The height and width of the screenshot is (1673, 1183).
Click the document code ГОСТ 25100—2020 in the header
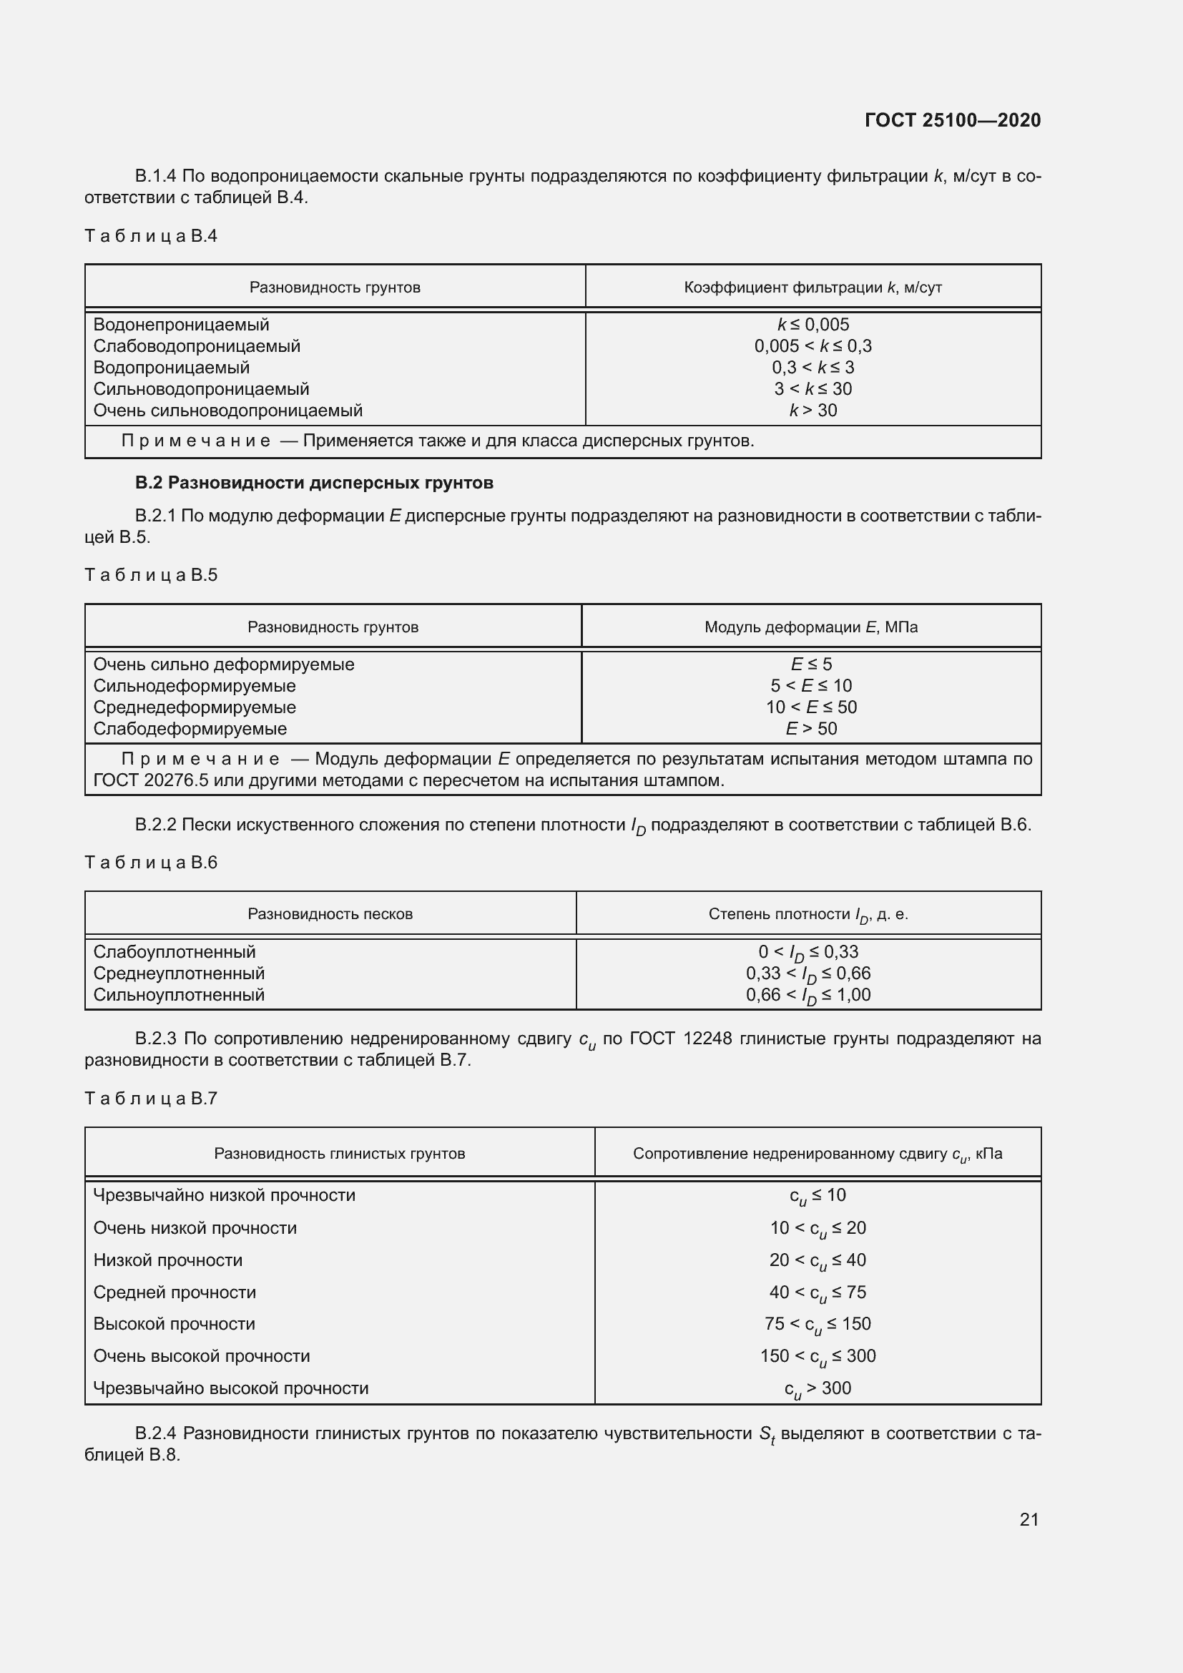point(952,120)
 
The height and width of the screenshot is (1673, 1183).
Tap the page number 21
point(1029,1519)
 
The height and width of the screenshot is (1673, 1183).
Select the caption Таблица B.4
point(151,236)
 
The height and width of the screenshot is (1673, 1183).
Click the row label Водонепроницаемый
point(182,325)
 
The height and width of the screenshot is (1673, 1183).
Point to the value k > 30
point(813,411)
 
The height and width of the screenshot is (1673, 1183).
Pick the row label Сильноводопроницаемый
point(201,389)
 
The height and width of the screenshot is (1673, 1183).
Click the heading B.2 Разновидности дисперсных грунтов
point(314,483)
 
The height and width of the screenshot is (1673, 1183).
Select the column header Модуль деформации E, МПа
point(811,627)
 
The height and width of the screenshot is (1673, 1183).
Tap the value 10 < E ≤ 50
point(811,707)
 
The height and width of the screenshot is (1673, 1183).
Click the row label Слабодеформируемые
point(190,729)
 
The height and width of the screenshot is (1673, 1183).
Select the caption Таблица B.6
point(151,863)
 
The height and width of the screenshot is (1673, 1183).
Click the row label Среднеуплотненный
point(180,973)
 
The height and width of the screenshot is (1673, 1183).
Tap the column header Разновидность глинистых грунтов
point(340,1154)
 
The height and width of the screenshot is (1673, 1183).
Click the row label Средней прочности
point(175,1292)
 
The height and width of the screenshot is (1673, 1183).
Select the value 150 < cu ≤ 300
point(818,1356)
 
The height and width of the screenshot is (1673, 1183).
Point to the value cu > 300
point(818,1388)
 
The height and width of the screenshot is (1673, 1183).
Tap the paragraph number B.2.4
point(155,1434)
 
